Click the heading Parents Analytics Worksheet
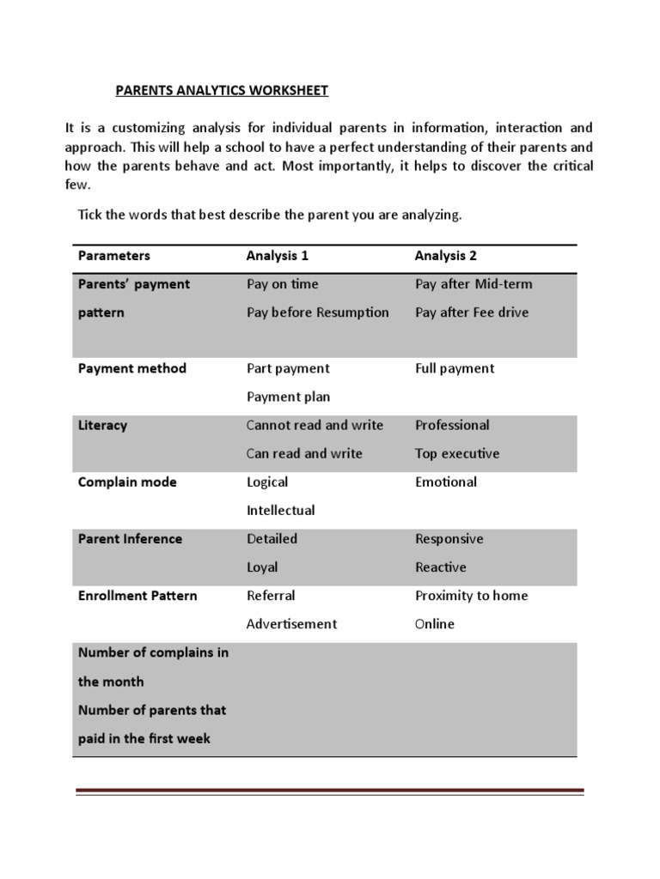click(223, 89)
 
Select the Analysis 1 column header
click(277, 256)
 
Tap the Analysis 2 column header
click(445, 256)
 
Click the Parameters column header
click(113, 256)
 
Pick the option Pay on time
click(282, 284)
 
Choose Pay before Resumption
click(317, 312)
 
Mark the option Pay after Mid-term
click(474, 284)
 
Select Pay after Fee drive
click(472, 312)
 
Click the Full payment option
click(455, 368)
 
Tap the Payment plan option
click(288, 397)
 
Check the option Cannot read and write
click(315, 425)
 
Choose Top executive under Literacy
click(456, 453)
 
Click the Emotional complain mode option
click(445, 482)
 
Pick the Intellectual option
click(280, 510)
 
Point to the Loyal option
click(262, 567)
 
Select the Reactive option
click(440, 567)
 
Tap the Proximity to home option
click(471, 596)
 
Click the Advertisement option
click(291, 624)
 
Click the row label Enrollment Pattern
click(137, 596)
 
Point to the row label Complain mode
click(126, 482)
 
